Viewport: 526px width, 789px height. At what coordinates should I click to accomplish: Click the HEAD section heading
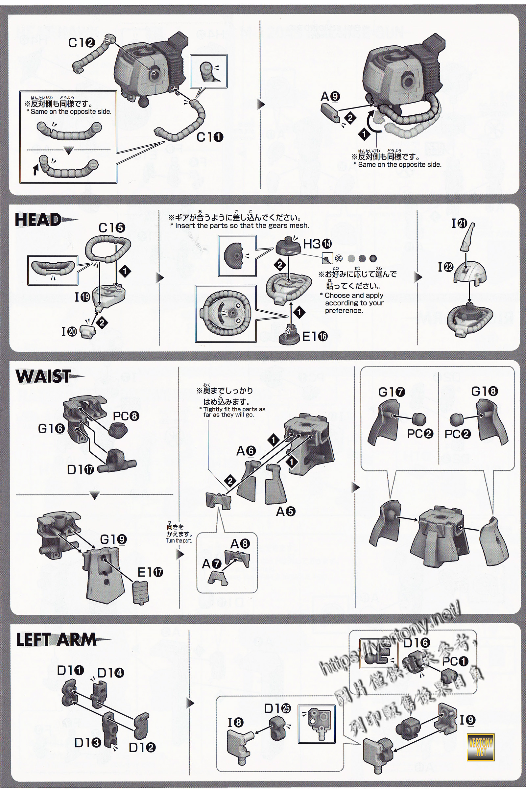38,220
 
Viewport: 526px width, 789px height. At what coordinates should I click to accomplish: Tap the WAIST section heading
43,376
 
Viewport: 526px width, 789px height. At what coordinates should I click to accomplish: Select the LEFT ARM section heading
56,640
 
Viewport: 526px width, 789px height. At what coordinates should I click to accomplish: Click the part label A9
330,97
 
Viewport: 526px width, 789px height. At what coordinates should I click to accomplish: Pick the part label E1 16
315,336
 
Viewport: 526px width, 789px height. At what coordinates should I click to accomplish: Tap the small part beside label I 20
88,330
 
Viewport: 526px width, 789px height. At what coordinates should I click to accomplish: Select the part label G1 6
51,429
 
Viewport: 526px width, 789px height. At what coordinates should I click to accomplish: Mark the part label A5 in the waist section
285,511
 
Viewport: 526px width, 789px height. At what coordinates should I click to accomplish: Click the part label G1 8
484,391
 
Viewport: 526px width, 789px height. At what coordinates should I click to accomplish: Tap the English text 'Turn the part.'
179,541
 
